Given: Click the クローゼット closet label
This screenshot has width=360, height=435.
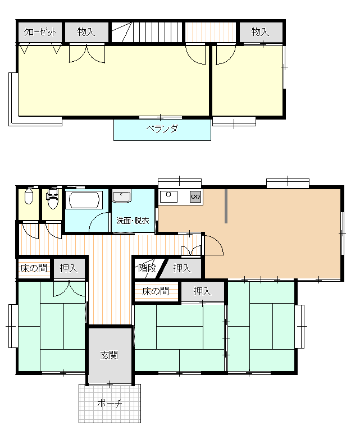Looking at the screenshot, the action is [x=40, y=32].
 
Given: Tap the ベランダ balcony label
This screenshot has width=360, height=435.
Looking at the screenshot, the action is [x=162, y=129].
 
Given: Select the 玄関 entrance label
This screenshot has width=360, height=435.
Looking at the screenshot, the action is [x=109, y=355].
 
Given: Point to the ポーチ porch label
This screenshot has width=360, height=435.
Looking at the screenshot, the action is [x=110, y=403].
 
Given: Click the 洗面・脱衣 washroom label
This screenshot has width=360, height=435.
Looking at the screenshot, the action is [x=133, y=221].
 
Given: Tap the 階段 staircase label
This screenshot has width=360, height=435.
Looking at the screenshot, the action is [x=147, y=268].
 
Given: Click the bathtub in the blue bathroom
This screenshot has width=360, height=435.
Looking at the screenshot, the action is [x=84, y=200].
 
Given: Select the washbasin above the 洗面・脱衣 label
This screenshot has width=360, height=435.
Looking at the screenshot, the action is [x=121, y=197].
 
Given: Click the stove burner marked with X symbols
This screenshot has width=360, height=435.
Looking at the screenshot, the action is [x=195, y=196].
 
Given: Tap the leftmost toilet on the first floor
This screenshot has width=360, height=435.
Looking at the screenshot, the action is [x=29, y=196].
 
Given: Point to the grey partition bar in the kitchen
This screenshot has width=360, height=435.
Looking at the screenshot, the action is [x=226, y=206].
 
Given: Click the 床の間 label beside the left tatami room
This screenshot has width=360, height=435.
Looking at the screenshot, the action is [x=34, y=268].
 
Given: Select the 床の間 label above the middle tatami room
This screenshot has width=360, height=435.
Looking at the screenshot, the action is [x=156, y=291].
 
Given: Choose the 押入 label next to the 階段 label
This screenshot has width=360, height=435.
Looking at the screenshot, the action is [x=182, y=268].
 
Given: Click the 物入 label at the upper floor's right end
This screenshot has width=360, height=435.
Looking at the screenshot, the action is [x=260, y=32].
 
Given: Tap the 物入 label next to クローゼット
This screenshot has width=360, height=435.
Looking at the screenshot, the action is [x=86, y=32].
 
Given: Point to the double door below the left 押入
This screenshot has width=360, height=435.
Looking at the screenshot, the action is [x=69, y=289].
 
